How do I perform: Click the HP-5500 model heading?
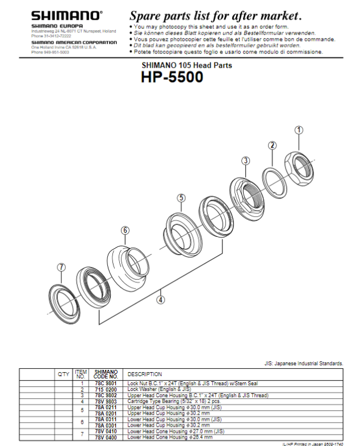[172, 78]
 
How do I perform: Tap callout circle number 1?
[299, 130]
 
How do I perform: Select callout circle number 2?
[273, 145]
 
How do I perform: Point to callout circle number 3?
[245, 161]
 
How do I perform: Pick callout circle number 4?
[161, 299]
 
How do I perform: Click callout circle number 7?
[61, 267]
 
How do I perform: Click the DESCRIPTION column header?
[145, 374]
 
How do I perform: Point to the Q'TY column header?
[64, 374]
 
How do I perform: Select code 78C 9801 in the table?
[106, 384]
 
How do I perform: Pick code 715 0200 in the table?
[106, 389]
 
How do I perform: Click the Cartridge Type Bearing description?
[170, 401]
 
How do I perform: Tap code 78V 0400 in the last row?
[106, 437]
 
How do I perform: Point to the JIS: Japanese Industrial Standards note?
[304, 362]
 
